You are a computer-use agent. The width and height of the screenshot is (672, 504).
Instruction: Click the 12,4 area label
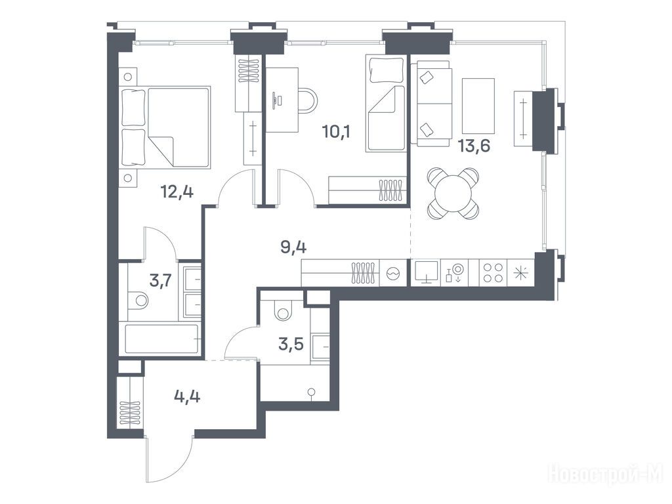[x=177, y=192]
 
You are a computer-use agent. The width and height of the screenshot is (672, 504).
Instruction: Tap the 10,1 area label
[x=336, y=131]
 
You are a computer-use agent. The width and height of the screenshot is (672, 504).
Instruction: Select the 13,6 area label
[x=474, y=146]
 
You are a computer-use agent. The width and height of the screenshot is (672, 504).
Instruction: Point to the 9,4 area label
[x=293, y=247]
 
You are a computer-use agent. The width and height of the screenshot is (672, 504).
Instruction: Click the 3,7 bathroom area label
[x=161, y=281]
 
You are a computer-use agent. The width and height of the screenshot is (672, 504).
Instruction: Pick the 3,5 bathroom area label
[x=291, y=344]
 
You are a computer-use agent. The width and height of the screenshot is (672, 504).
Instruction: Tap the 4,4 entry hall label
[x=187, y=397]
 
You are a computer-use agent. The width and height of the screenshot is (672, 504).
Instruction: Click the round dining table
[x=453, y=194]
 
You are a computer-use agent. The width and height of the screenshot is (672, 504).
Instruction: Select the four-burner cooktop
[x=493, y=273]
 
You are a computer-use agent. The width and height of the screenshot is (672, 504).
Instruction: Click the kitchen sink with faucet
[x=455, y=273]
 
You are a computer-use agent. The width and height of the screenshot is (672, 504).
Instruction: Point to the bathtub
[x=161, y=339]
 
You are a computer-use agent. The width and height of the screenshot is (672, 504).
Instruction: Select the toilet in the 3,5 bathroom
[x=283, y=310]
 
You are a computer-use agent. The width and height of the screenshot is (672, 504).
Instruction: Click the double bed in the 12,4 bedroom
[x=165, y=127]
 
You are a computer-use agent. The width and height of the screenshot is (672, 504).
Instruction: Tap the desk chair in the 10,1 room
[x=308, y=100]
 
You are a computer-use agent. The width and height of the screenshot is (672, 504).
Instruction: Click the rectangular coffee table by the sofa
[x=478, y=106]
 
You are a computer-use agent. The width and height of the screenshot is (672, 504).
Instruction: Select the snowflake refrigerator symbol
[x=520, y=273]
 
